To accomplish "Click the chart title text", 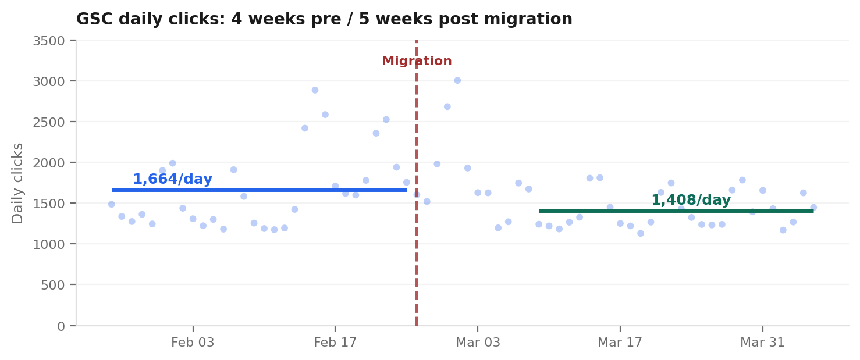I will tap(324, 20).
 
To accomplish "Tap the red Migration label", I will tap(417, 62).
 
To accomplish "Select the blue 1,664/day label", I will tap(172, 180).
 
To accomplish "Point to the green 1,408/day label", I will tap(691, 201).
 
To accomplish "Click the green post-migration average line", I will tap(676, 211).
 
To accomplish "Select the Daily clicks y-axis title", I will tap(18, 183).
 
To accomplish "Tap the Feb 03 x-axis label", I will tap(193, 343).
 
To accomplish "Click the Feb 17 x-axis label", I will tap(335, 343).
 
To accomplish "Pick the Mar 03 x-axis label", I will tap(477, 343).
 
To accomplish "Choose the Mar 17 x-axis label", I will tap(620, 343).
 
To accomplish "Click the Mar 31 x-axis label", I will tap(762, 343).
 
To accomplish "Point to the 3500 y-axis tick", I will tap(48, 41).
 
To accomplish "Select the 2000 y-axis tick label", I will tap(48, 163).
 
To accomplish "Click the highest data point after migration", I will tap(457, 80).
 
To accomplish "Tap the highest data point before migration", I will tap(315, 90).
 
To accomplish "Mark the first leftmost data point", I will tap(111, 204).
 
